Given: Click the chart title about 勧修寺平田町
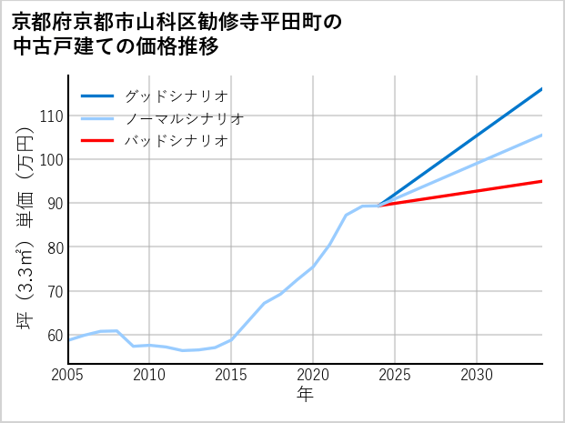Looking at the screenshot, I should pos(177,34).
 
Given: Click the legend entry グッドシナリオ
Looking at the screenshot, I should pos(176,96).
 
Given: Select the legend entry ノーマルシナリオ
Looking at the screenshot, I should pos(184,118).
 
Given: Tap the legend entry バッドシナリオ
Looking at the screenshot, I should pos(176,141).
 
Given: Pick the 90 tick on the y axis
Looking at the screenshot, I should pos(54,204).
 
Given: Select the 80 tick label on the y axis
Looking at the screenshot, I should pos(54,247).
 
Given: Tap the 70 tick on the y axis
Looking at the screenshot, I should pos(54,292).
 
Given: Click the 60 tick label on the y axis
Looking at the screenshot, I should pos(54,336).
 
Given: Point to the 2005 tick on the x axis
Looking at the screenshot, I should pos(67,375).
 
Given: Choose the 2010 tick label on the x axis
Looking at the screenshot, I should pos(149,375).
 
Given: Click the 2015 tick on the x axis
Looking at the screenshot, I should pos(231,375).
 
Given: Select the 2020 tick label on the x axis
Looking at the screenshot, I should pos(313,375).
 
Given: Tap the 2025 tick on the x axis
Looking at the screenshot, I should pos(395,375).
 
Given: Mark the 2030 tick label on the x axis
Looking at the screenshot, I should pos(477,375).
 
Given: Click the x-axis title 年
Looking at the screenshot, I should pos(305,396).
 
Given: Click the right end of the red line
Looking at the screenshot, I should pos(541,181).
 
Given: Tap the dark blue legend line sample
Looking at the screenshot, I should pos(98,96).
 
